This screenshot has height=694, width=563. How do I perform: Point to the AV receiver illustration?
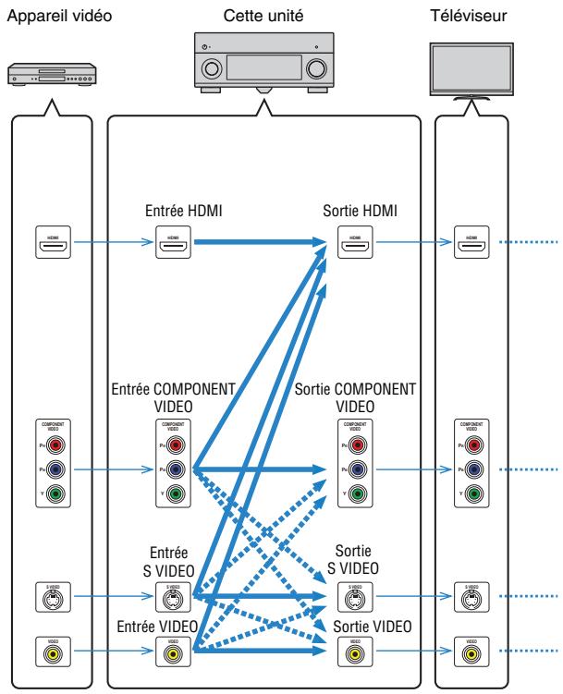pos(264,65)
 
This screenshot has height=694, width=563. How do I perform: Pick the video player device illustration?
pos(50,74)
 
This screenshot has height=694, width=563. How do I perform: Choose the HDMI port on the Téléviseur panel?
pos(471,244)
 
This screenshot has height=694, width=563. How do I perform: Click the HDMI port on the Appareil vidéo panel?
pos(51,244)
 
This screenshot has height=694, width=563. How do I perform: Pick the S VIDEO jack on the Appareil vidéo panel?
pos(51,598)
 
